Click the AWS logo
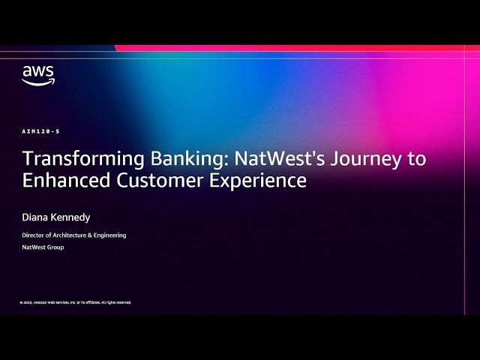[37, 75]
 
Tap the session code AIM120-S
[41, 131]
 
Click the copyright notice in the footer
[76, 302]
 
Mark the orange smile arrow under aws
[37, 82]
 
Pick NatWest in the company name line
[33, 247]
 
